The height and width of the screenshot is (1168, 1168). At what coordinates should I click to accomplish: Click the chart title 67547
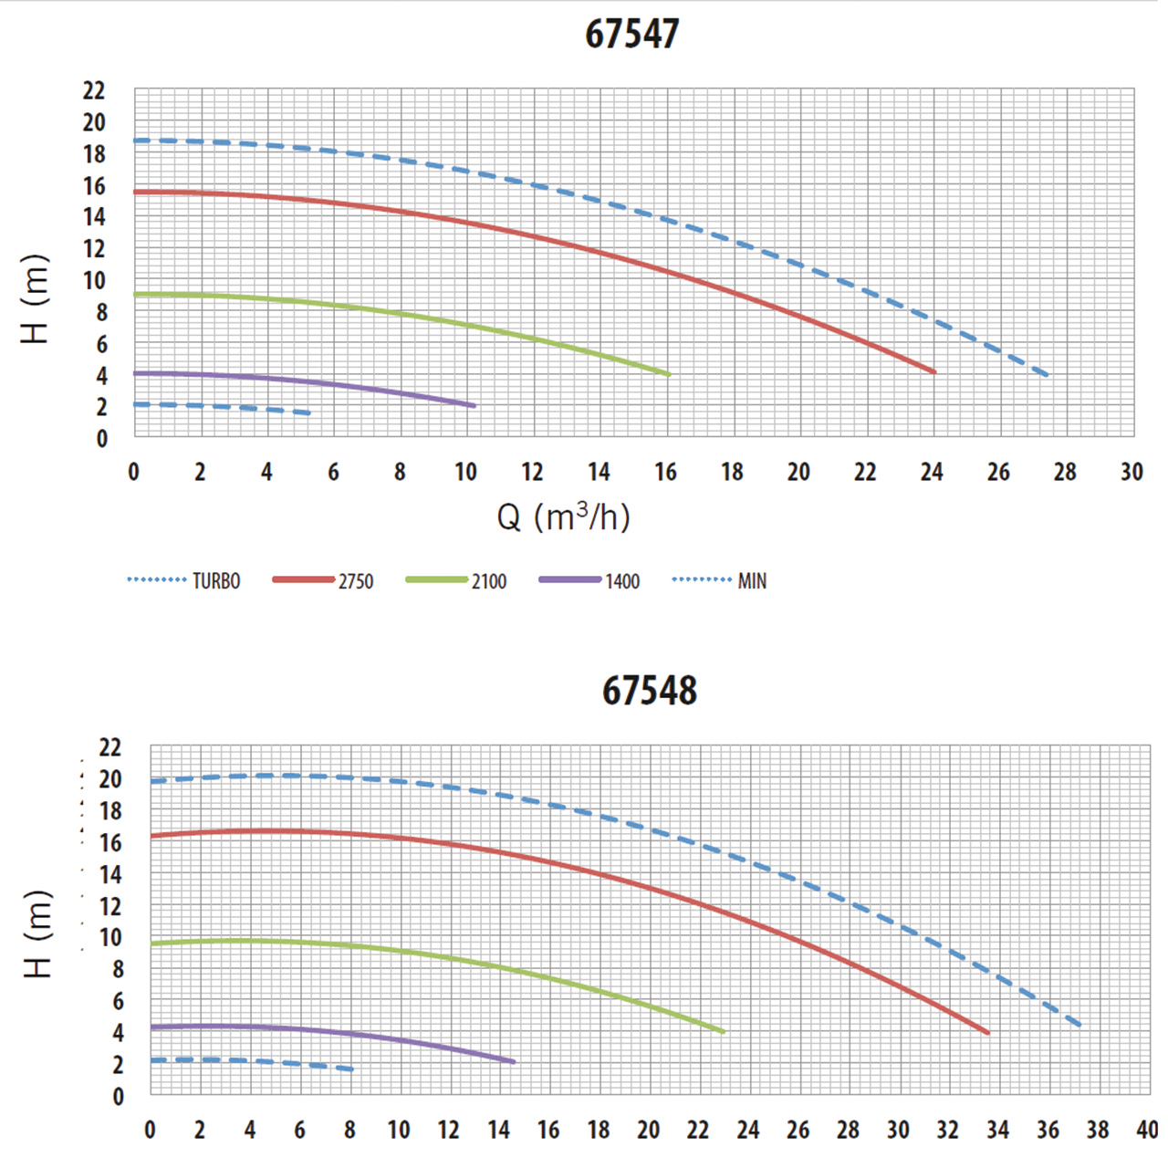pos(631,34)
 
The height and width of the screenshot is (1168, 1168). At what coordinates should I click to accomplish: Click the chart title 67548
pos(649,691)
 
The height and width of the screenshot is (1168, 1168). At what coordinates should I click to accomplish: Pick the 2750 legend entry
pos(323,581)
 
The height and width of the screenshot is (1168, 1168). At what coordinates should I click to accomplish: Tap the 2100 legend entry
pos(456,581)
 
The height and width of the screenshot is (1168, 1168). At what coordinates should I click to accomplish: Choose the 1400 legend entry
pos(589,581)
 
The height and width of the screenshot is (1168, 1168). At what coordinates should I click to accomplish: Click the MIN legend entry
pos(720,581)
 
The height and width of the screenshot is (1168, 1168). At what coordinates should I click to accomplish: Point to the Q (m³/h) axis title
pos(563,517)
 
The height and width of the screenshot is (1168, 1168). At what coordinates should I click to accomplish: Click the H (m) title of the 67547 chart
pos(35,298)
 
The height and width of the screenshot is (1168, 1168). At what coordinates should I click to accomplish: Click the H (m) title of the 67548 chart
pos(37,933)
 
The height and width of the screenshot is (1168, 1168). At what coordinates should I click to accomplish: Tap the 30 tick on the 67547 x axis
pos(1131,472)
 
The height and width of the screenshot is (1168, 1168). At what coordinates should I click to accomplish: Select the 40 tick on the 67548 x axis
pos(1147,1130)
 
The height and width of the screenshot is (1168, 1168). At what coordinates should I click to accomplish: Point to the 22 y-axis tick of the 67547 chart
pos(94,90)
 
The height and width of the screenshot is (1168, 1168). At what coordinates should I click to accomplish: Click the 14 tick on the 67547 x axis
pos(599,472)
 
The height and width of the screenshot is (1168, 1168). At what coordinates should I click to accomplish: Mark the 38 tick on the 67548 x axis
pos(1098,1130)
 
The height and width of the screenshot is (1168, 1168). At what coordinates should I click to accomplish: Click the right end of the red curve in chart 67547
pos(934,371)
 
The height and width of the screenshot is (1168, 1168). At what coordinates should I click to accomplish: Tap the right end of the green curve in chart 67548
pos(723,1032)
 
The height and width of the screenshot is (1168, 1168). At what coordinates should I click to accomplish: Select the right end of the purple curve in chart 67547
pos(474,405)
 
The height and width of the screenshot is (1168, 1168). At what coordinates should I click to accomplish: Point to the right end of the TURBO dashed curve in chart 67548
pos(1080,1026)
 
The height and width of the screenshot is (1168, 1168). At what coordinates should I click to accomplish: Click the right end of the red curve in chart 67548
pos(987,1033)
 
